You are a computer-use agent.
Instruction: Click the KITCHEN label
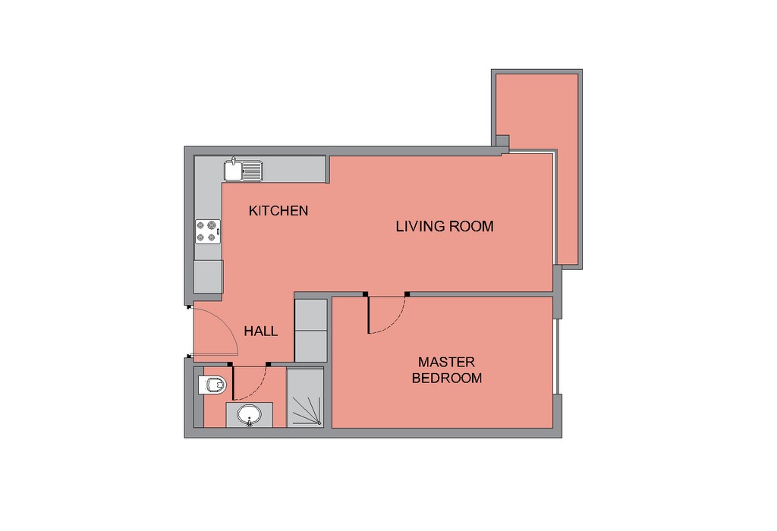[x=278, y=211]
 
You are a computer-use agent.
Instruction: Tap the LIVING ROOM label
[x=445, y=226]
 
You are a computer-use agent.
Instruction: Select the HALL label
[x=261, y=331]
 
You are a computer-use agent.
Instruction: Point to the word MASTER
[x=446, y=362]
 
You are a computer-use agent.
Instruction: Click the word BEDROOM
[x=446, y=378]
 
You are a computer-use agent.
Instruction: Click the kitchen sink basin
[x=232, y=171]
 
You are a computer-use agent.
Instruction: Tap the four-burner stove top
[x=208, y=232]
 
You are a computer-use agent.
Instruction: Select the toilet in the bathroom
[x=212, y=385]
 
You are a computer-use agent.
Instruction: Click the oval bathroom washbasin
[x=249, y=414]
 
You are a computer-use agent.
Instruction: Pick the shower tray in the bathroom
[x=305, y=397]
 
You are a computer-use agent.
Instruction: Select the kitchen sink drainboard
[x=252, y=171]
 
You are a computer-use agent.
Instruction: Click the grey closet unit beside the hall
[x=310, y=330]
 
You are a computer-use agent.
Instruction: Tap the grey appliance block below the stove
[x=208, y=276]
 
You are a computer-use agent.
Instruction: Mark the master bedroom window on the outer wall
[x=558, y=356]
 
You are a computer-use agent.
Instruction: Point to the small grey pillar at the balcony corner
[x=502, y=141]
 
